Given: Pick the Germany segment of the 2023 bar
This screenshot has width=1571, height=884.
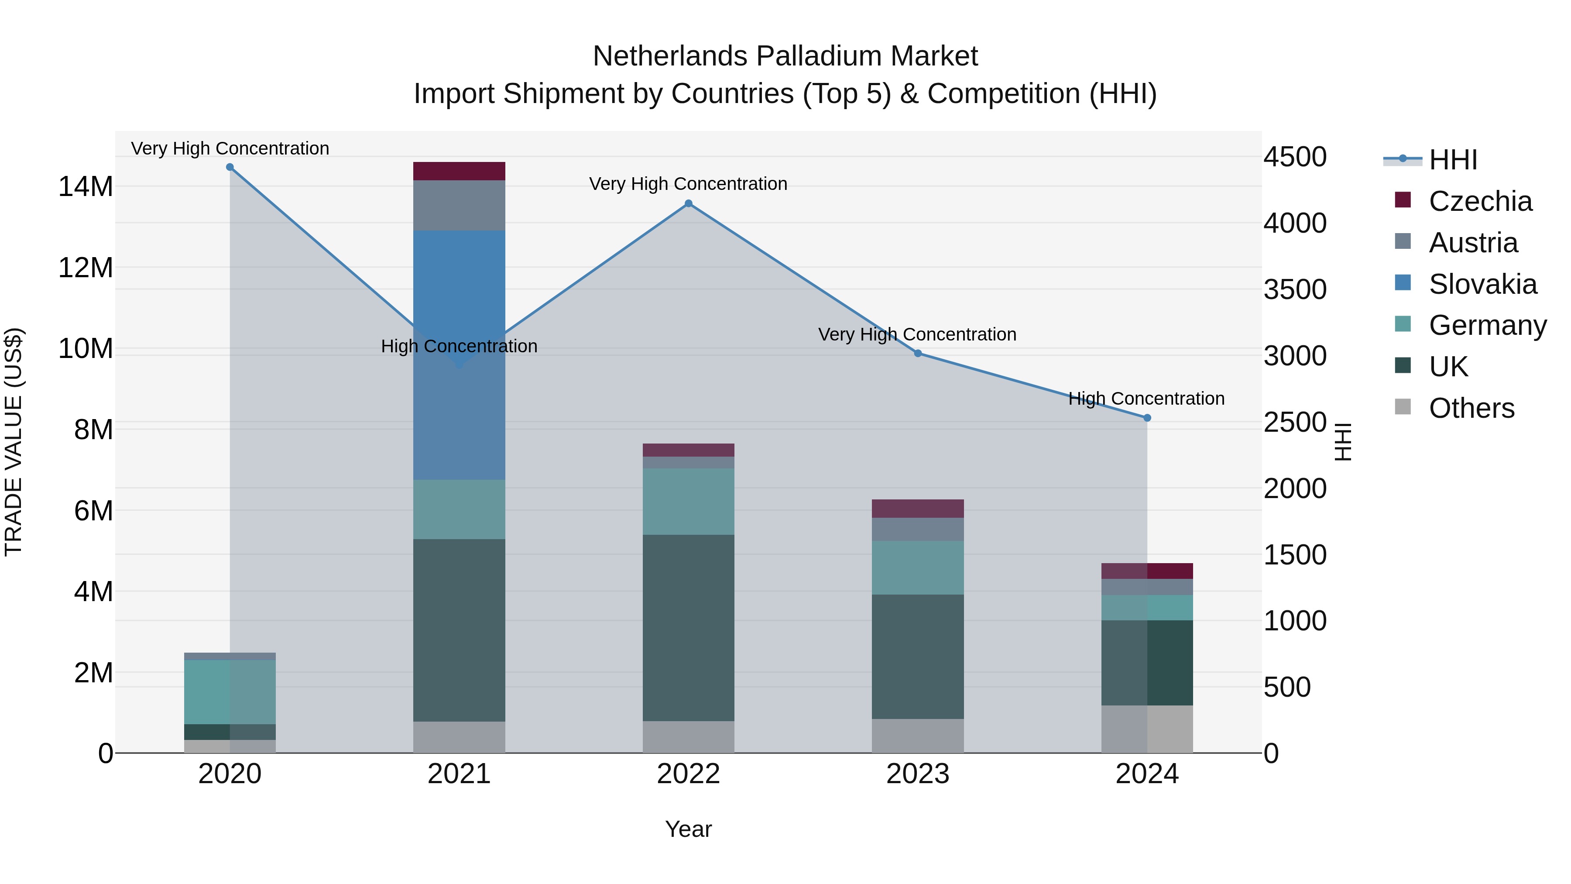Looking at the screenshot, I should coord(917,568).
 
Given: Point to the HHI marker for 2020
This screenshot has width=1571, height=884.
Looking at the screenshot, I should coord(230,167).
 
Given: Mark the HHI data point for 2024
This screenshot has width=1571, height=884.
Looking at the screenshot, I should coord(1147,418).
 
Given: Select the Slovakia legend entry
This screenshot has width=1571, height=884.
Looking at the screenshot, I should coord(1482,284).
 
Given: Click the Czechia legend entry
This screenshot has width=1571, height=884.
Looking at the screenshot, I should coord(1479,201).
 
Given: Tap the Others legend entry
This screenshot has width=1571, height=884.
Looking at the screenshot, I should coord(1471,408).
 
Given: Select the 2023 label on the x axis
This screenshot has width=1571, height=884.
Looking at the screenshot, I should coord(917,774).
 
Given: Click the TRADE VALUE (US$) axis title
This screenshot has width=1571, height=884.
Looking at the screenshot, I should coord(14,442).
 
